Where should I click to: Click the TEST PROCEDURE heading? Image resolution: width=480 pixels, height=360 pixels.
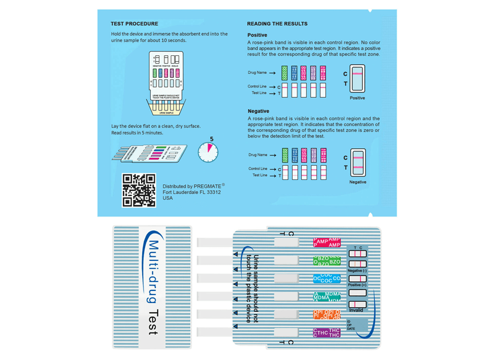tap(134, 24)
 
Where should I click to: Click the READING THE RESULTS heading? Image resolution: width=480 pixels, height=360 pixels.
tap(277, 24)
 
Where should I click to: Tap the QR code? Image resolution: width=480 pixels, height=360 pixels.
tap(139, 190)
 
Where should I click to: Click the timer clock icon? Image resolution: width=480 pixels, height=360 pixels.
tap(208, 152)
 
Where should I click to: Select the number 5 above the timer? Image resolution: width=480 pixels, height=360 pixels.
tap(212, 139)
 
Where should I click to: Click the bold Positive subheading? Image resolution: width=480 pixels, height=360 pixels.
tap(257, 35)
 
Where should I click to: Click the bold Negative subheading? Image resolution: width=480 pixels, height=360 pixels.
tap(258, 111)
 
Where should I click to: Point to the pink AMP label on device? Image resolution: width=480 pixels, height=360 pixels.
tap(327, 242)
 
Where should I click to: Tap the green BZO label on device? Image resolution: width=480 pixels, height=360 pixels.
tap(327, 260)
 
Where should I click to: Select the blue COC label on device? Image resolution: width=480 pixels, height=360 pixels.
tap(327, 278)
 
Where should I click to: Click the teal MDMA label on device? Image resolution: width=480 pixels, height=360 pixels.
tap(327, 296)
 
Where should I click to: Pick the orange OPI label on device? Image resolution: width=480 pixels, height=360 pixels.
tap(327, 314)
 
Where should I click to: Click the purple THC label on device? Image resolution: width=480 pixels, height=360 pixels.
tap(327, 332)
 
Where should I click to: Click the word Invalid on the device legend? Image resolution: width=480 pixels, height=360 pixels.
tap(356, 310)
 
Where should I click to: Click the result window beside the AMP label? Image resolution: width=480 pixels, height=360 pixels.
tap(286, 242)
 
